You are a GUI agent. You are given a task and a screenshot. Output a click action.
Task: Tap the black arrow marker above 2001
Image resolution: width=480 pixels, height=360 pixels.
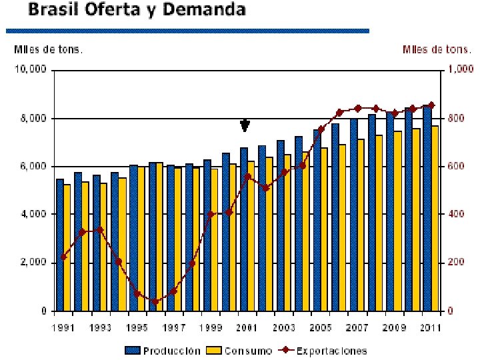(245, 125)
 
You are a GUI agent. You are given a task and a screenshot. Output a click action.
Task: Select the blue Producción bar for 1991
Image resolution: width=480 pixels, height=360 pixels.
(60, 245)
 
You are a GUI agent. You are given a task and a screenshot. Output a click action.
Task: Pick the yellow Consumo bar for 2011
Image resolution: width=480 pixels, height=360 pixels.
(435, 218)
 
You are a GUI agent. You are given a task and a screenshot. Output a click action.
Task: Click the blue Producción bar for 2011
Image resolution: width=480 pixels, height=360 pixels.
(427, 207)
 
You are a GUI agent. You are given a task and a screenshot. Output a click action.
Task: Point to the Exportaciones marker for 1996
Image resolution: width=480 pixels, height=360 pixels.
(155, 301)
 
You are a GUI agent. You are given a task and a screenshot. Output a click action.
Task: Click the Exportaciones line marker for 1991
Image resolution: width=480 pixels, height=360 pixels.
(64, 257)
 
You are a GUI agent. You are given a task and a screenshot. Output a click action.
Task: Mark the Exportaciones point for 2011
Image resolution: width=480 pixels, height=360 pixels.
(431, 105)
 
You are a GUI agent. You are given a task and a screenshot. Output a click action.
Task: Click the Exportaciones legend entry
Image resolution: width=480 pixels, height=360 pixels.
(323, 350)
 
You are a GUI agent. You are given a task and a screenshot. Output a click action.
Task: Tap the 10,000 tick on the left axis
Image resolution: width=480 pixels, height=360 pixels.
(32, 70)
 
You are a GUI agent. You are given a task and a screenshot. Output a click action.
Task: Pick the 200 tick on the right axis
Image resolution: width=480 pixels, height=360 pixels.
(455, 263)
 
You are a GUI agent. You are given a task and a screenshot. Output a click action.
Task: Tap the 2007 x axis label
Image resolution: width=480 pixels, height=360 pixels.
(358, 328)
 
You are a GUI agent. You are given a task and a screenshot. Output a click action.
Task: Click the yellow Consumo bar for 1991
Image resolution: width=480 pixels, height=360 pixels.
(67, 247)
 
